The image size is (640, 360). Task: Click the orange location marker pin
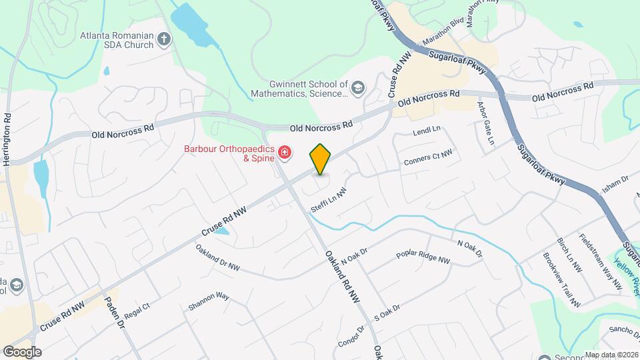[320, 159]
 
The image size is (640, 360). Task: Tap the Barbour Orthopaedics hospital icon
[285, 153]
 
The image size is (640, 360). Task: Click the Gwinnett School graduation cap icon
[358, 88]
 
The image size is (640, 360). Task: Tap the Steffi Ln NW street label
[329, 201]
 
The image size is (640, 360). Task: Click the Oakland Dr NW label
[217, 257]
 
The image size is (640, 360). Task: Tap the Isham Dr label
[615, 184]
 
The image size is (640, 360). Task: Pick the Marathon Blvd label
[443, 31]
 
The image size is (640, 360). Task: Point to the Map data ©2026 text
[611, 355]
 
